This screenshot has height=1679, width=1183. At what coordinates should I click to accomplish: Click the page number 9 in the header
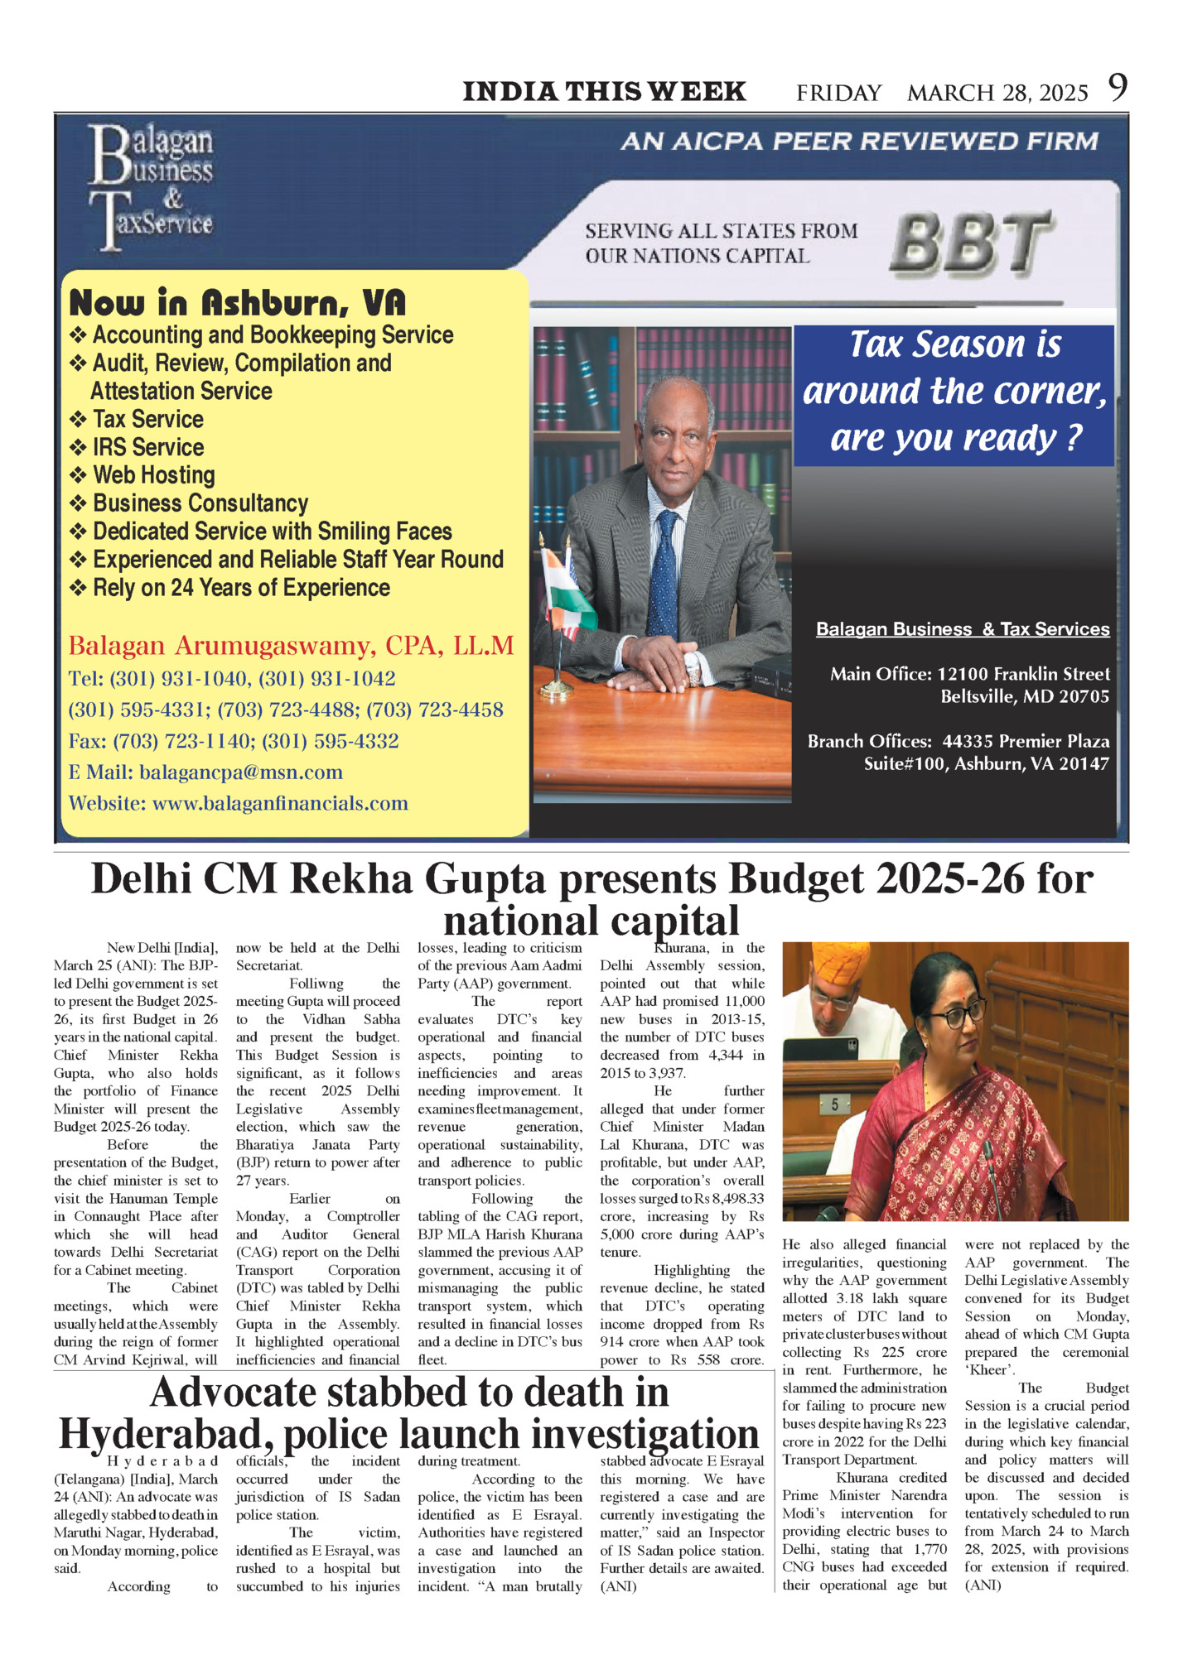[x=1118, y=88]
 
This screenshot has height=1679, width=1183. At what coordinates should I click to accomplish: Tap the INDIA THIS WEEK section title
[x=604, y=91]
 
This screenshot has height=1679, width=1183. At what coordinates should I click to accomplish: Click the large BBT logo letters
[x=970, y=243]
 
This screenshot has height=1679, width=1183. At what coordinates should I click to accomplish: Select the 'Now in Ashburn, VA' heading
[x=238, y=303]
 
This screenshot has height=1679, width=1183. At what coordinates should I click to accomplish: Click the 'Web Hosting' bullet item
[x=153, y=475]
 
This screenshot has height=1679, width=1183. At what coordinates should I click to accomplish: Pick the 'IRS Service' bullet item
[x=147, y=447]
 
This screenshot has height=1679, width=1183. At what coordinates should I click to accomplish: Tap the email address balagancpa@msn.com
[x=240, y=772]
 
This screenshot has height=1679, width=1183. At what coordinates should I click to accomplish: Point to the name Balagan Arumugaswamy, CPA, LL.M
[x=291, y=645]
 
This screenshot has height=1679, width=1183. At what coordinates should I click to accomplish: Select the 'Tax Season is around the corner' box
[x=954, y=392]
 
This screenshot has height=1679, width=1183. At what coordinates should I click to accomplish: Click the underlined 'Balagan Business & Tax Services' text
[x=963, y=629]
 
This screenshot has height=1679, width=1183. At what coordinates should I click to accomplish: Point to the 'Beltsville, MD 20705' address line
[x=1024, y=696]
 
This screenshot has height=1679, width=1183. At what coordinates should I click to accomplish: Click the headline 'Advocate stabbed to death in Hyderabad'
[x=408, y=1413]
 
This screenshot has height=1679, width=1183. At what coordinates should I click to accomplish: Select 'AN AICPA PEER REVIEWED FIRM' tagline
[x=859, y=142]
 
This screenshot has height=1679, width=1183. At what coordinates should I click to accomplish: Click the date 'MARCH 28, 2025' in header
[x=997, y=93]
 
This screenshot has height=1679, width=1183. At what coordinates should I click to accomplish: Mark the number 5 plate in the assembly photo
[x=834, y=1104]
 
